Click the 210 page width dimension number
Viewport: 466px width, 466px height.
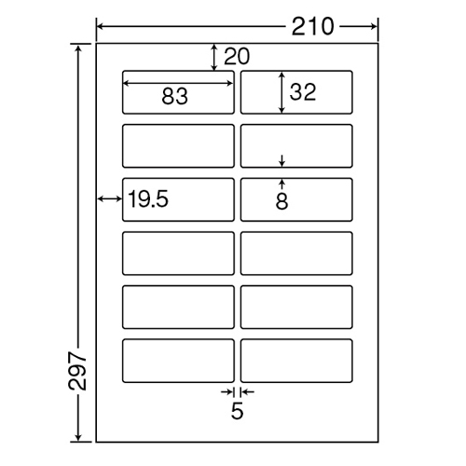pyautogui.click(x=312, y=27)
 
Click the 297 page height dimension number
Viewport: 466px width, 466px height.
pyautogui.click(x=77, y=371)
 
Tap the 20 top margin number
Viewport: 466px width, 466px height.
pyautogui.click(x=237, y=56)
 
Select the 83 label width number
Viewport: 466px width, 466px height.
pyautogui.click(x=174, y=96)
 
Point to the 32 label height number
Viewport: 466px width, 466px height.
pyautogui.click(x=303, y=92)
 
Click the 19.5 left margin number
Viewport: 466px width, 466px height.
pyautogui.click(x=148, y=199)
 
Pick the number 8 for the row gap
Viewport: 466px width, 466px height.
pyautogui.click(x=281, y=201)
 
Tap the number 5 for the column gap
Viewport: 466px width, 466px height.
pyautogui.click(x=237, y=411)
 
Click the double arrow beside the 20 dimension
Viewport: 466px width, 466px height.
pyautogui.click(x=213, y=57)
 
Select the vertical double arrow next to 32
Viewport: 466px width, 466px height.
pyautogui.click(x=281, y=92)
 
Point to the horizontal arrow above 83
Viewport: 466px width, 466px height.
pyautogui.click(x=178, y=83)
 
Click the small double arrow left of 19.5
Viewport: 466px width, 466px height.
pyautogui.click(x=110, y=199)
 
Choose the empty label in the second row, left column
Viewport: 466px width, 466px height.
pyautogui.click(x=178, y=146)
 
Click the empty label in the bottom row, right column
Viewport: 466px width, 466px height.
pyautogui.click(x=296, y=361)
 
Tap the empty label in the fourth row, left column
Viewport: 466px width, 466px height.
pyautogui.click(x=178, y=254)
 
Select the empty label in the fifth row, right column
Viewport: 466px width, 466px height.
pyautogui.click(x=296, y=307)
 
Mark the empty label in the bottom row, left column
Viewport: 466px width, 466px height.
pyautogui.click(x=178, y=361)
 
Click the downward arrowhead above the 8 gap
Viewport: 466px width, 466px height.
pyautogui.click(x=281, y=163)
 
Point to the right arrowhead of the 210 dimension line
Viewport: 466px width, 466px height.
pyautogui.click(x=374, y=27)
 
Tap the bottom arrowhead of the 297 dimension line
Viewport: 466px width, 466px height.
pyautogui.click(x=78, y=437)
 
